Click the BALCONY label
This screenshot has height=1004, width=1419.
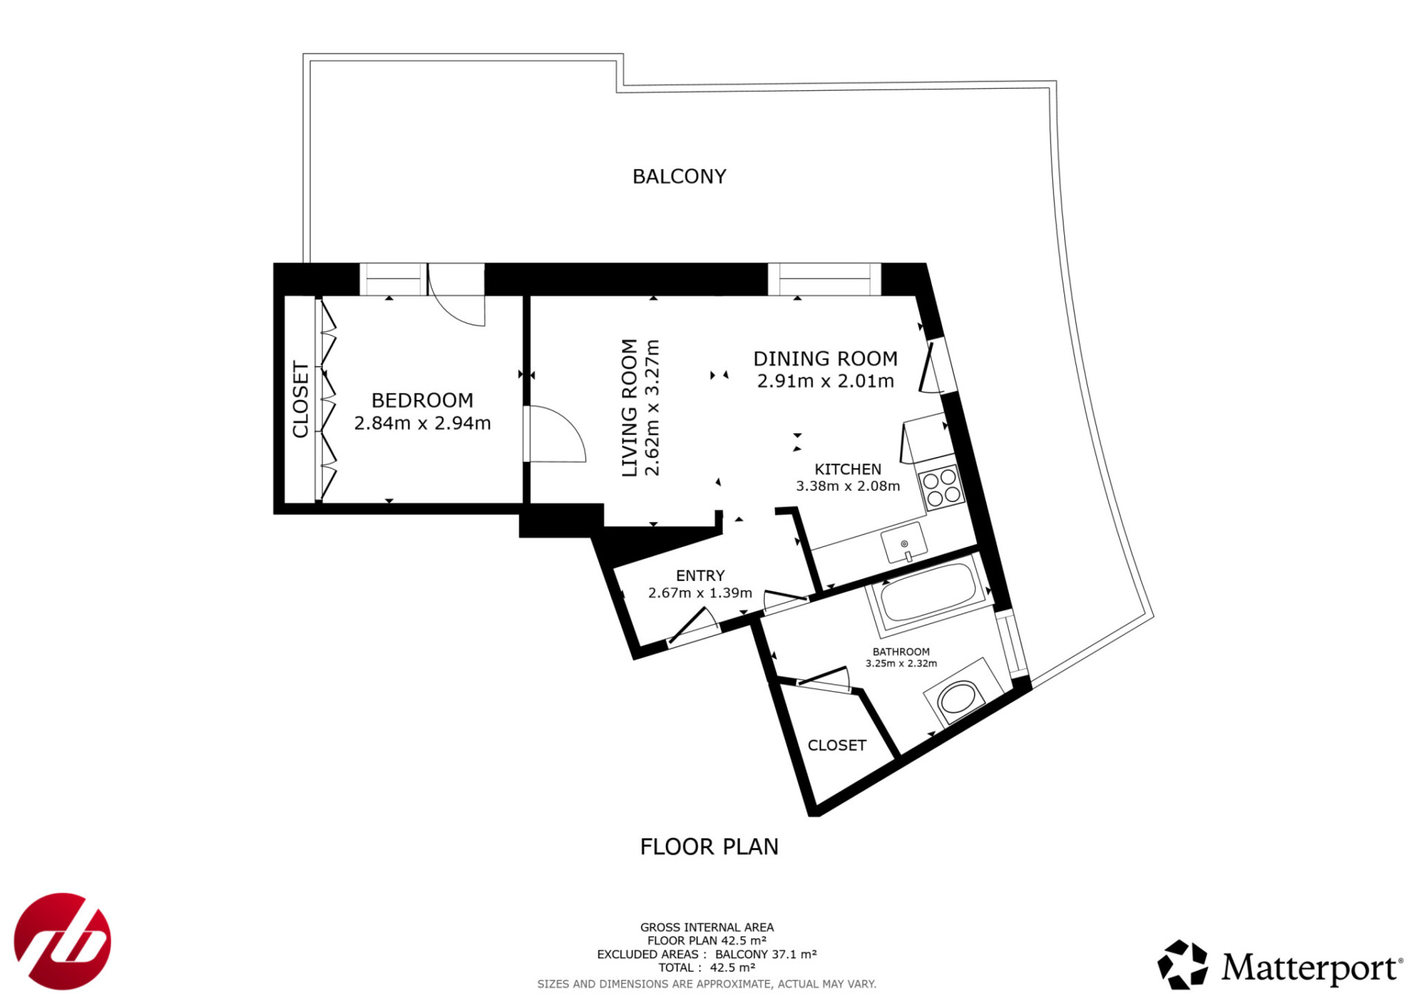click(679, 177)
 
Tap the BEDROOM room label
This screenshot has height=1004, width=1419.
click(422, 401)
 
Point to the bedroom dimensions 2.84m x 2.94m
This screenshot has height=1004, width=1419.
click(422, 424)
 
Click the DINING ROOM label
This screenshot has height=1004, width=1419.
click(825, 359)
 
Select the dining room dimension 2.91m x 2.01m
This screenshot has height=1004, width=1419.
click(825, 381)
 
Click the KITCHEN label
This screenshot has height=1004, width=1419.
click(848, 469)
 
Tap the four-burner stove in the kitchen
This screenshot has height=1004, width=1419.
click(942, 488)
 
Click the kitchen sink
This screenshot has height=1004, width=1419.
click(904, 543)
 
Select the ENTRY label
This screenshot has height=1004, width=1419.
click(700, 576)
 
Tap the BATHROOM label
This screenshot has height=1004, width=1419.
click(901, 652)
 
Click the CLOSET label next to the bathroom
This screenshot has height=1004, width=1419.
click(837, 745)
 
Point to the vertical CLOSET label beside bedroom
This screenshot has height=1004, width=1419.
click(301, 399)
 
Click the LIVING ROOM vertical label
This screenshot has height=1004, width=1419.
click(629, 407)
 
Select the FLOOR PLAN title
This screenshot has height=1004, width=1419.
click(709, 847)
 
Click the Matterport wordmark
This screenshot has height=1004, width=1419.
click(1311, 967)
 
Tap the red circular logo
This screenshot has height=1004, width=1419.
click(63, 941)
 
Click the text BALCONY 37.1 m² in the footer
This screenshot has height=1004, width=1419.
click(766, 954)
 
